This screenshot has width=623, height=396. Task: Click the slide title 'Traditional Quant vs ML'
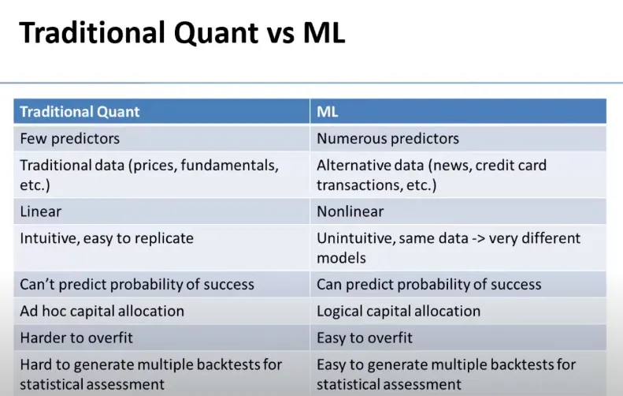click(183, 32)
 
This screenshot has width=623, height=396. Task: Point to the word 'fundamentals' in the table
click(230, 165)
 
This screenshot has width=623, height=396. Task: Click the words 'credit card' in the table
click(511, 165)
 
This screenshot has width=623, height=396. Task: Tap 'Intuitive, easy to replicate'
click(107, 238)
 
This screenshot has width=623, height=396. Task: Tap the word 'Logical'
click(339, 312)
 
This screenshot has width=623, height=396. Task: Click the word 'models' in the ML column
click(341, 258)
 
